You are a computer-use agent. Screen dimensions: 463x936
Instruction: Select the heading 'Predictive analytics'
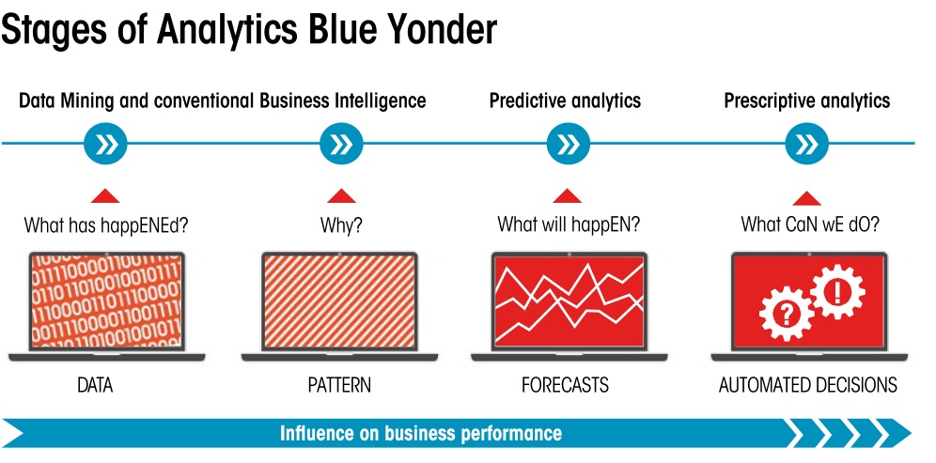tap(565, 100)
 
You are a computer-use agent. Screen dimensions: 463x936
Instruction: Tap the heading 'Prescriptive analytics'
tap(806, 100)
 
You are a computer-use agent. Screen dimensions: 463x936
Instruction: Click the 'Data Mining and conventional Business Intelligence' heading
tap(223, 100)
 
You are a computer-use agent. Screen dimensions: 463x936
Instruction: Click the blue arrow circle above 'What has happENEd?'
tap(105, 144)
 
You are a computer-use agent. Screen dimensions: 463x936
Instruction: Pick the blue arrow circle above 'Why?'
tap(341, 144)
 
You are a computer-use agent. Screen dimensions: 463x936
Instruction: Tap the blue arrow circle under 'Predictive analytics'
tap(568, 144)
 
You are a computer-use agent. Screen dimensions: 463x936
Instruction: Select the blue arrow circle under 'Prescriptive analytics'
tap(806, 144)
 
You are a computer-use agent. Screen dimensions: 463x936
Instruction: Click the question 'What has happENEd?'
tap(104, 225)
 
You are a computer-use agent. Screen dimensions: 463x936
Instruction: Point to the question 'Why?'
tap(341, 225)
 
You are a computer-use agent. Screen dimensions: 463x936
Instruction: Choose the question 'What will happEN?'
tap(569, 225)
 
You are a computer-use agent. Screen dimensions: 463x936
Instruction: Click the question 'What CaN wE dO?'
tap(807, 225)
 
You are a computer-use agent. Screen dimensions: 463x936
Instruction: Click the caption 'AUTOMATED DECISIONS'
tap(807, 385)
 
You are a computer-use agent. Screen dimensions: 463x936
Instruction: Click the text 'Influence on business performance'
tap(421, 433)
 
